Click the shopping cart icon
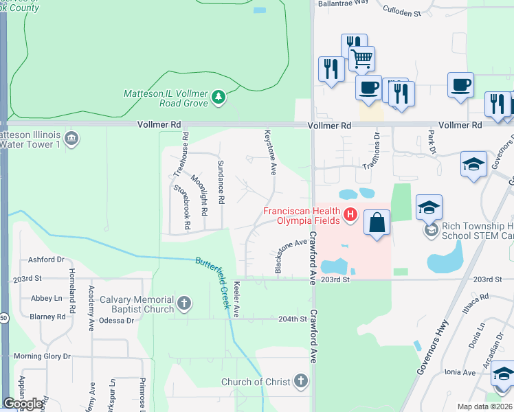361,58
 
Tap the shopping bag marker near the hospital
377,222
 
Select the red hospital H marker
350,216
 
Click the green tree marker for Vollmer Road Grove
219,98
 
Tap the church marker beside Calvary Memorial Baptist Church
183,304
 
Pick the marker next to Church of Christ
300,381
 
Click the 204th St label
292,319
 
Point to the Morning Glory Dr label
43,356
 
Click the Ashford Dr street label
46,260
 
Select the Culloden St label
402,13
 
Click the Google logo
23,404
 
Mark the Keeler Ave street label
236,299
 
